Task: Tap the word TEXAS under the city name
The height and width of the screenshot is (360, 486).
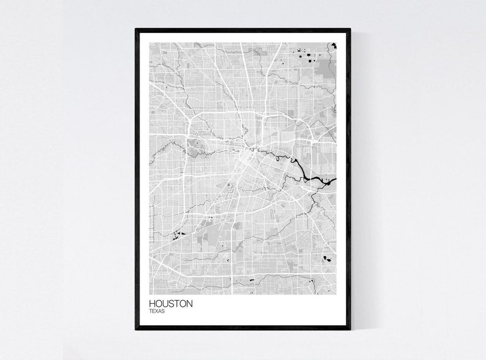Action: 156,312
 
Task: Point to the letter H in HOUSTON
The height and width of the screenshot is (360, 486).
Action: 151,304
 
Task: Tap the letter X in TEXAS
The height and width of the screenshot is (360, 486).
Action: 156,312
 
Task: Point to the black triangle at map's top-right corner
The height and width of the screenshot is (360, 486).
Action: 334,45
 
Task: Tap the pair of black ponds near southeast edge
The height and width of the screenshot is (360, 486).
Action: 327,258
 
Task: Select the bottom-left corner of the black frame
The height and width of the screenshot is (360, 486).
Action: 136,328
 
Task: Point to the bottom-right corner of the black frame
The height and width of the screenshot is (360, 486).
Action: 350,328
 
